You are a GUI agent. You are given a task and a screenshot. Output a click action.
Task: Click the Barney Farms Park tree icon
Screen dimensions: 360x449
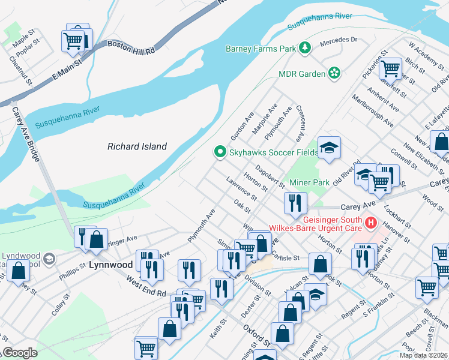point(305,47)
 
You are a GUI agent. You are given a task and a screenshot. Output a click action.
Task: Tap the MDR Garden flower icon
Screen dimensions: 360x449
point(334,74)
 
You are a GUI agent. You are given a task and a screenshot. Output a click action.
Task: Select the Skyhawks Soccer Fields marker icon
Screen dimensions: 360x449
point(220,152)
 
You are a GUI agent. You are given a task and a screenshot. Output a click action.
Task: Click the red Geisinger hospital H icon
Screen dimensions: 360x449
point(370,223)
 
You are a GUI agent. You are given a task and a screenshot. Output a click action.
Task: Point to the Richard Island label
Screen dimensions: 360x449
point(137,146)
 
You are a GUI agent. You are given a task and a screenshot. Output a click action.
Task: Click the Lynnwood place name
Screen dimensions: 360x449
point(111,264)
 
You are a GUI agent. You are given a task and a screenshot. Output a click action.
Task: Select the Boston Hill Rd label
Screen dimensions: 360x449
point(131,47)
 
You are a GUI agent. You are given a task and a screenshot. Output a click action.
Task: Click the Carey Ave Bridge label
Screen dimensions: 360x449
point(26,135)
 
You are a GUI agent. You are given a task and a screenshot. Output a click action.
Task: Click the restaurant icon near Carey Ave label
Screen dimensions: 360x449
point(295,203)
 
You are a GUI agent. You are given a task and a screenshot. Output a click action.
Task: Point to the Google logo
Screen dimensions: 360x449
point(19,353)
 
